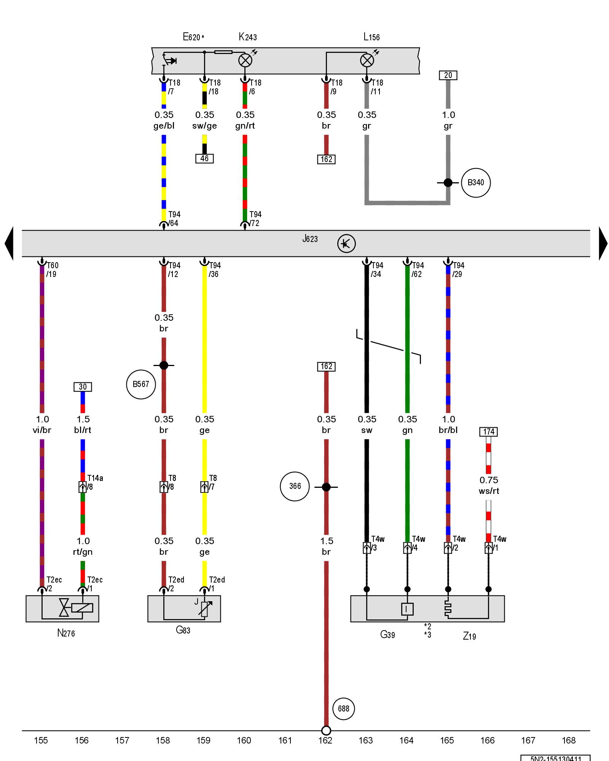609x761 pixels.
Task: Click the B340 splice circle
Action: click(476, 183)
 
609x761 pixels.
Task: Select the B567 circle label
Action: click(141, 384)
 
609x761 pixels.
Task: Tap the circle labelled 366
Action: click(295, 486)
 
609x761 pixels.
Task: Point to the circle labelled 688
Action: click(343, 708)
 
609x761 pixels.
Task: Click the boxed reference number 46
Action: click(204, 159)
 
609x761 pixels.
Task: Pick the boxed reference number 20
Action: click(448, 75)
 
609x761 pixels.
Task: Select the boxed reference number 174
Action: click(489, 432)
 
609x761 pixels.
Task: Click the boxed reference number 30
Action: click(83, 387)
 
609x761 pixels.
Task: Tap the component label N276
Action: click(66, 633)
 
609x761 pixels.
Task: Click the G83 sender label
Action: click(183, 630)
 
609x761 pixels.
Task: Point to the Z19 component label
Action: click(469, 636)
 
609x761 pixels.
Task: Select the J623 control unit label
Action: click(310, 239)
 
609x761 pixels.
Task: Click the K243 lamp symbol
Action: click(245, 60)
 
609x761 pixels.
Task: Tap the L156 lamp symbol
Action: click(367, 60)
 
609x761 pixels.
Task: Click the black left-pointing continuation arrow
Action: click(9, 244)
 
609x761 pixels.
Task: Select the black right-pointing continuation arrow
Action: click(603, 244)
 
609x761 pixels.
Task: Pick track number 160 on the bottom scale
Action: click(244, 740)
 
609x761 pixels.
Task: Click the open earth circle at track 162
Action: click(326, 731)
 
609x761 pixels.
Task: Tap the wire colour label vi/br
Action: click(42, 430)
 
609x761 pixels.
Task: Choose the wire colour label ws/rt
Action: click(489, 491)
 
